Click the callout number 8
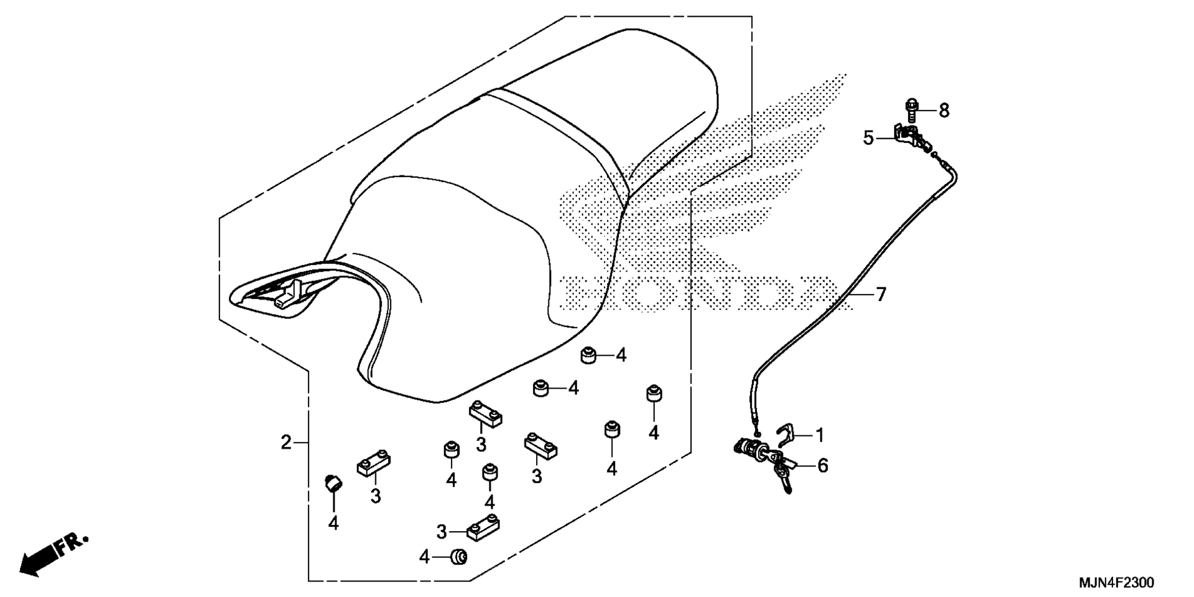[944, 111]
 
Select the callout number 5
[869, 138]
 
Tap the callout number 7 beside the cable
[881, 294]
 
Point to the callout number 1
[820, 435]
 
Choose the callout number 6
[823, 465]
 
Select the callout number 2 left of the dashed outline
[285, 443]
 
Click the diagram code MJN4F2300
[1116, 583]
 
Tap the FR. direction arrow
[53, 555]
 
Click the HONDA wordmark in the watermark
[696, 293]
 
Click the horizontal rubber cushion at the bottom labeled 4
[459, 557]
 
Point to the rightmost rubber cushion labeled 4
[653, 394]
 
